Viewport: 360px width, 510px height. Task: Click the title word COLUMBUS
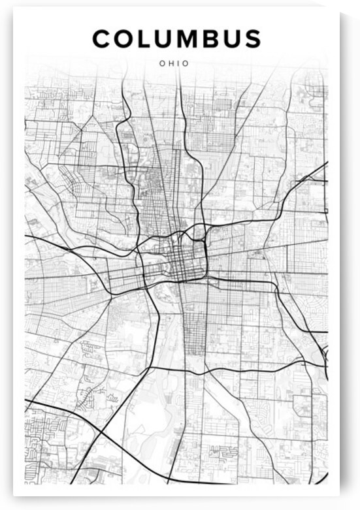coord(176,39)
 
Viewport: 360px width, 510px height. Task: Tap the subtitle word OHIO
coord(174,63)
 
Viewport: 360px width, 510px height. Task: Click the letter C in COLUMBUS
coord(103,39)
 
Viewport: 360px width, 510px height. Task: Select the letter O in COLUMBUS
coord(125,39)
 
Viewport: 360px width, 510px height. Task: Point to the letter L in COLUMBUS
coord(146,39)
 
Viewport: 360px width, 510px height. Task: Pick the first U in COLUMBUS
coord(165,39)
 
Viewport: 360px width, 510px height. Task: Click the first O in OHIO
coord(162,63)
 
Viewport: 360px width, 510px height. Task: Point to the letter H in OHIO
coord(170,63)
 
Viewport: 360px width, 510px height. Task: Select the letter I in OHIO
coord(177,63)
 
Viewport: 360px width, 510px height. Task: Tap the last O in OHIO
coord(185,63)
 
